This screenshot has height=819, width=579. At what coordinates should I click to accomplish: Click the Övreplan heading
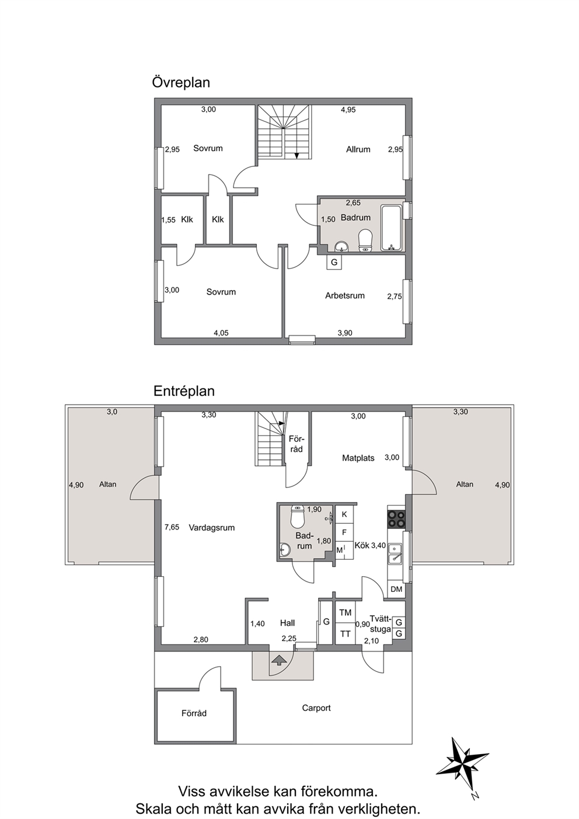(181, 82)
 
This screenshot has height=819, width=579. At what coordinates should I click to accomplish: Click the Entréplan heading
(184, 391)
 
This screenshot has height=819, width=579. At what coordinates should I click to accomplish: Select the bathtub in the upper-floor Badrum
(392, 228)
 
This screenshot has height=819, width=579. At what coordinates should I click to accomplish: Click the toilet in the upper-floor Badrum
(365, 240)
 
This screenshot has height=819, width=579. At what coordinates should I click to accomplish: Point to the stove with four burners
(396, 519)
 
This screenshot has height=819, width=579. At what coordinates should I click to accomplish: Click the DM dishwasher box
(396, 589)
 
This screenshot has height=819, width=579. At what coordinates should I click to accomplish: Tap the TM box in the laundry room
(346, 612)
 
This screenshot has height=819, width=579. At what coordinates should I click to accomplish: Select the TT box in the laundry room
(346, 633)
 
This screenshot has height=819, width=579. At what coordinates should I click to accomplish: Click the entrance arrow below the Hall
(278, 660)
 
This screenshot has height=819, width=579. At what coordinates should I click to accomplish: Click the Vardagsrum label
(212, 528)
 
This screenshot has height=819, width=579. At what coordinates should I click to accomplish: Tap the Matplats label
(358, 458)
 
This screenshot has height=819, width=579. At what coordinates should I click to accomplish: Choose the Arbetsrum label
(345, 295)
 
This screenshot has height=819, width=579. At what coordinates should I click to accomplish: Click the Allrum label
(358, 149)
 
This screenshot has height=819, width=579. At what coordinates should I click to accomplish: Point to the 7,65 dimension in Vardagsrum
(172, 527)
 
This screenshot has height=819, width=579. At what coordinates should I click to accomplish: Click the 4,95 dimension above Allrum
(348, 110)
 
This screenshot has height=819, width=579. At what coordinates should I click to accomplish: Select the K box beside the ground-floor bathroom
(344, 514)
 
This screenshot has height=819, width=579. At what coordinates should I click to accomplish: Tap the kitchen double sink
(395, 553)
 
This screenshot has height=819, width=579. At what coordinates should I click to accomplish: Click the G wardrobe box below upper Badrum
(334, 262)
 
